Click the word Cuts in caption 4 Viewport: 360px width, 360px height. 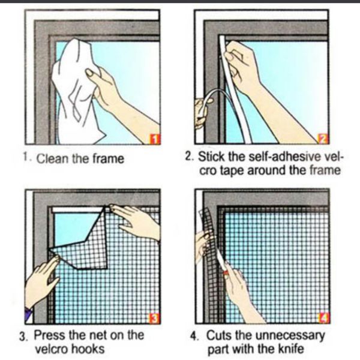[x=220, y=335]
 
